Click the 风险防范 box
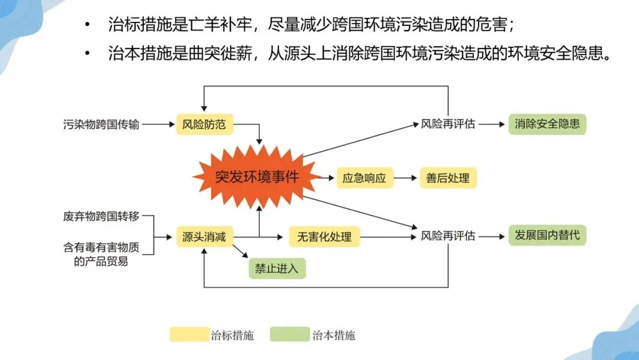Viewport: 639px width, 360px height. (x=204, y=125)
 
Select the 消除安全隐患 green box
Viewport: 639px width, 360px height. (x=547, y=124)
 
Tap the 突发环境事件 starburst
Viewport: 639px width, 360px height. (x=257, y=177)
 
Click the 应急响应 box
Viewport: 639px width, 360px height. (x=364, y=178)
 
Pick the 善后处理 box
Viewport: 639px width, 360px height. (x=448, y=178)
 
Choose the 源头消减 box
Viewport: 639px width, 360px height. (x=204, y=237)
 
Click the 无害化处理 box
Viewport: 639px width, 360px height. (x=324, y=237)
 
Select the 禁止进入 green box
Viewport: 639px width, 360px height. (x=277, y=268)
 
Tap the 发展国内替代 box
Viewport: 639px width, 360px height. (x=547, y=235)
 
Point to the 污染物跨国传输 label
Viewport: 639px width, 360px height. (x=101, y=125)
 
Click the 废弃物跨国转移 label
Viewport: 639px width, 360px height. (x=101, y=216)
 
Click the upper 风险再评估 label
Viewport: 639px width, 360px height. (x=448, y=125)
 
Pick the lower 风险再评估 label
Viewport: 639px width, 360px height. (x=448, y=236)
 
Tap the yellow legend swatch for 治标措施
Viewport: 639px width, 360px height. (x=189, y=335)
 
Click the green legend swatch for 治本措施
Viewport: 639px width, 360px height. (x=290, y=335)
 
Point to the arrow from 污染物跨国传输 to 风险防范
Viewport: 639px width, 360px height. (x=158, y=125)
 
